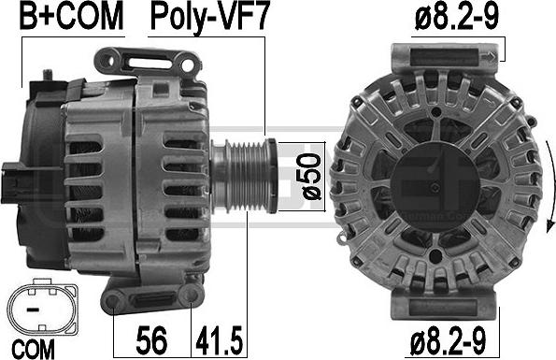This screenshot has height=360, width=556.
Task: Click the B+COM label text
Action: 60,17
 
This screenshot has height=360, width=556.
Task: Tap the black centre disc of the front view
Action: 432,178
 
